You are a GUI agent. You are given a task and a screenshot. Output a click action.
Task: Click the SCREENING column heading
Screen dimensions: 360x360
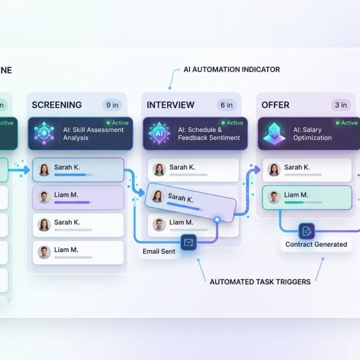(57, 105)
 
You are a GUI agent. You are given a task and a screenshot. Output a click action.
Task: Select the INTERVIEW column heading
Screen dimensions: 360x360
(171, 105)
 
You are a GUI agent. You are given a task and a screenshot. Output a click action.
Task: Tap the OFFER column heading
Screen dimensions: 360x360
(276, 105)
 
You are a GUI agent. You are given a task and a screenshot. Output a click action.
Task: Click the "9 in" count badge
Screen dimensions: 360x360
(112, 105)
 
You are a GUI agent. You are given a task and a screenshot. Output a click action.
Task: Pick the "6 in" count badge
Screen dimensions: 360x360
(226, 105)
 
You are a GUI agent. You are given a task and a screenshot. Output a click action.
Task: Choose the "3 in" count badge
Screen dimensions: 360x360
(341, 105)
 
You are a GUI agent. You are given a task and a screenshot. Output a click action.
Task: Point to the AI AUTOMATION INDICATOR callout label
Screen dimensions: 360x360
(232, 69)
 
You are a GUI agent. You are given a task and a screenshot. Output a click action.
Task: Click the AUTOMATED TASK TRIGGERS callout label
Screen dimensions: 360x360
(260, 282)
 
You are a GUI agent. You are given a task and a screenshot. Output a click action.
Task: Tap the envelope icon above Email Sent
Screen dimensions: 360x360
(188, 242)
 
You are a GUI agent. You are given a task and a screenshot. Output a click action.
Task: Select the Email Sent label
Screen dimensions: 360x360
(159, 252)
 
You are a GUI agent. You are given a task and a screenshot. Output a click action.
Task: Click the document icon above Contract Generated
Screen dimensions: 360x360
(307, 231)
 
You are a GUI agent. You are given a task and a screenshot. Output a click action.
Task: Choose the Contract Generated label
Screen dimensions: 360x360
(316, 244)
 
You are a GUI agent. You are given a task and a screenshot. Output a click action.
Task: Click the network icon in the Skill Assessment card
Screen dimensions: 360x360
(45, 134)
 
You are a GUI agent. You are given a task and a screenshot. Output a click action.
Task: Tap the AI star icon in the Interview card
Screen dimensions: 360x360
(159, 134)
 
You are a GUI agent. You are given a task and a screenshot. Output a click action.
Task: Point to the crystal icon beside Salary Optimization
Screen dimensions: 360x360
(274, 134)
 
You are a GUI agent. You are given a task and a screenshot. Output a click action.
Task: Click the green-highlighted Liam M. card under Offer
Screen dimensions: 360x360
(307, 197)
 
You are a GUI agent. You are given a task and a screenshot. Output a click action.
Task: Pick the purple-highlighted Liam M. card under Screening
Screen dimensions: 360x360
(78, 197)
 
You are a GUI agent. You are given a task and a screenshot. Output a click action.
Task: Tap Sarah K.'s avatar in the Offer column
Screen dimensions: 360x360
(274, 170)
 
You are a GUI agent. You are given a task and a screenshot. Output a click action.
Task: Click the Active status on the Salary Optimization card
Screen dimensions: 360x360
(346, 123)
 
